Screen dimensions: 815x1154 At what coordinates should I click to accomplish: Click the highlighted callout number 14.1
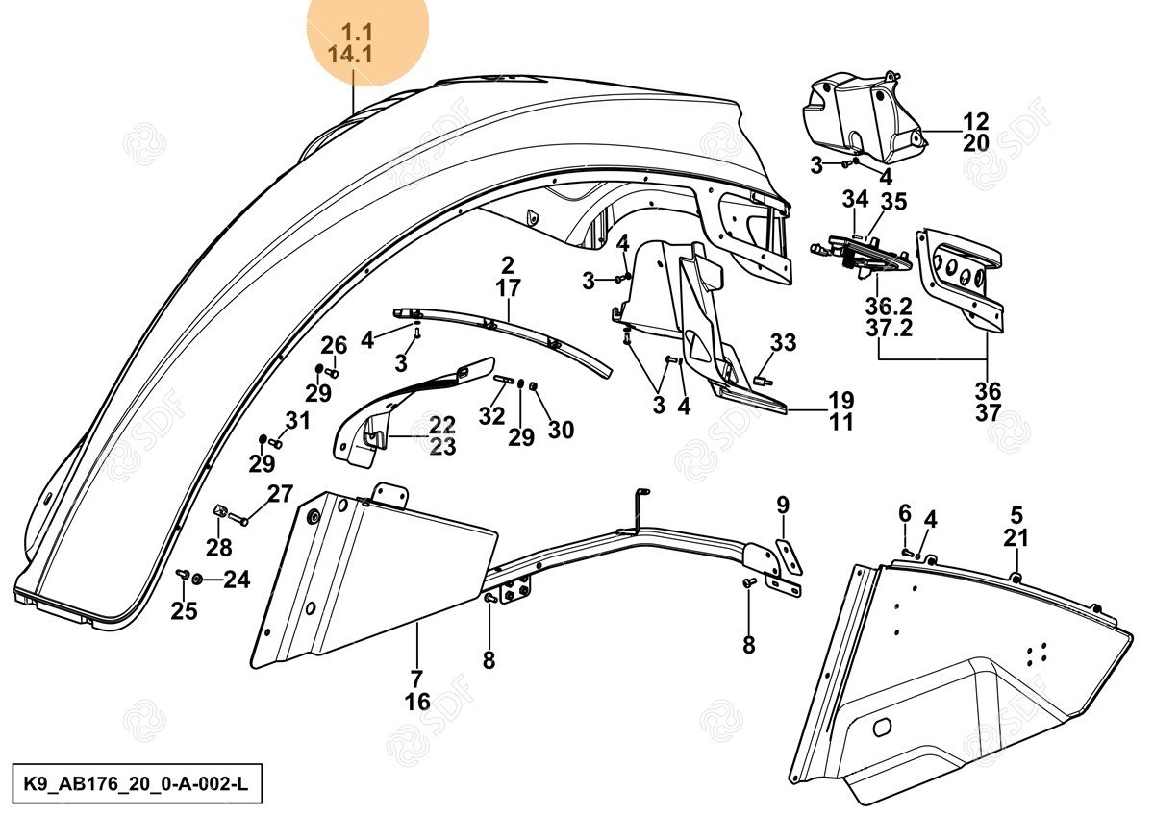coord(350,55)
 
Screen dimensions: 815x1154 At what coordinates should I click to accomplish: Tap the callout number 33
coord(783,342)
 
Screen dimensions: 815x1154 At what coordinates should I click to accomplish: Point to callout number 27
coord(280,495)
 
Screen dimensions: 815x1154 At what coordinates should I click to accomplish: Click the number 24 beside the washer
coord(237,580)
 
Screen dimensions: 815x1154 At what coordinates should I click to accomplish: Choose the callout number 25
coord(184,610)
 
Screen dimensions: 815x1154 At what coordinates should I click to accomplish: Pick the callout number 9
coord(783,505)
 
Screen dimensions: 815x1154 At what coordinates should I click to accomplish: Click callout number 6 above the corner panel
coord(905,513)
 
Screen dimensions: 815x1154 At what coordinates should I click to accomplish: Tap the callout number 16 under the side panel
coord(417,703)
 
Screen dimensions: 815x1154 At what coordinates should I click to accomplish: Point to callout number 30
coord(561,430)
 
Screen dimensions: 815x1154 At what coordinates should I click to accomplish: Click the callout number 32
coord(491,416)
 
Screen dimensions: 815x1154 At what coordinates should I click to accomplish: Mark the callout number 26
coord(334,346)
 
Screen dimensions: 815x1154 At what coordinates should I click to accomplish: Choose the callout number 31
coord(298,420)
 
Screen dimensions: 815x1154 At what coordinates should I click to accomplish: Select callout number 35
coord(894,202)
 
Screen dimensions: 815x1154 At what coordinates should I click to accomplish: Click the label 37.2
coord(888,329)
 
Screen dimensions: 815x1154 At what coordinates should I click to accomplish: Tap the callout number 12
coord(975,122)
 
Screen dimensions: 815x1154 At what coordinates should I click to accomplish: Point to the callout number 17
coord(508,287)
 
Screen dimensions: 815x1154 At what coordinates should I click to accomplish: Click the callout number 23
coord(442,446)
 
